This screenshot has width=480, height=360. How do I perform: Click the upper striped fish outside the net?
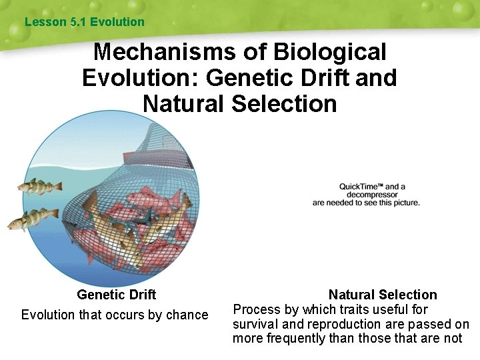[39, 186]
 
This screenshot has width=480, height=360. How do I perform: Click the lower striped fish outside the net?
[31, 219]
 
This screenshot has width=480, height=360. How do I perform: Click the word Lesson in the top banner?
[45, 22]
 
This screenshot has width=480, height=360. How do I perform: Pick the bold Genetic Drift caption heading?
[116, 295]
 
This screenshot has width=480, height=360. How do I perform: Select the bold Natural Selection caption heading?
[383, 295]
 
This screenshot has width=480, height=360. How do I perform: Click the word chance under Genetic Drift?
[187, 315]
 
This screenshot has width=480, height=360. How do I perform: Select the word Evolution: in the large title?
[140, 78]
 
